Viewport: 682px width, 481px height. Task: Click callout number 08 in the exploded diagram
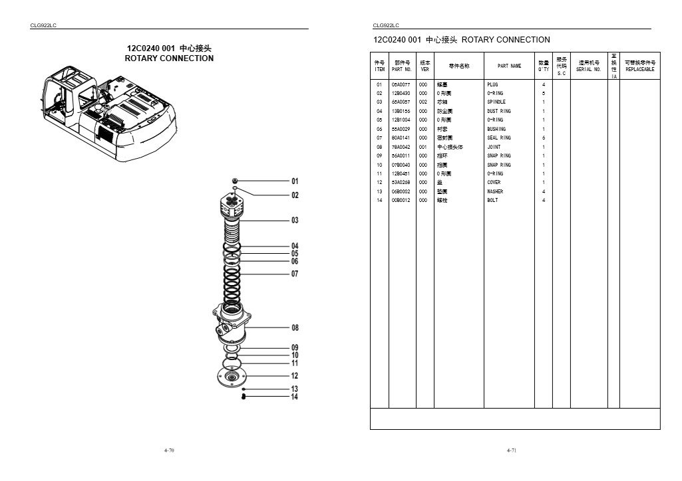point(295,328)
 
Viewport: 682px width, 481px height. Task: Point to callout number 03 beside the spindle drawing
point(295,221)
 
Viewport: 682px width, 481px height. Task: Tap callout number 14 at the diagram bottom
point(295,397)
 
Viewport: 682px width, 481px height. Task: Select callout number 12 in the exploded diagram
point(295,376)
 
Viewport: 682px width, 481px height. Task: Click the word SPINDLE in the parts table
point(496,102)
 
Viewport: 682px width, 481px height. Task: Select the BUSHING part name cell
point(496,129)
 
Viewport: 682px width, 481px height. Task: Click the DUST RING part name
point(499,111)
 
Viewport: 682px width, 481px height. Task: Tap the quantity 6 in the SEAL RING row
point(544,138)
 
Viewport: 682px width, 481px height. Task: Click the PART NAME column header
point(510,66)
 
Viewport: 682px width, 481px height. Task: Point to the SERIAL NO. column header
point(589,66)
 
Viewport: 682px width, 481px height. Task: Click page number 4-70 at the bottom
point(169,450)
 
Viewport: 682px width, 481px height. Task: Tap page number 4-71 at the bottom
point(512,450)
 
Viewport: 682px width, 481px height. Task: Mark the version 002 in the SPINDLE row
point(423,102)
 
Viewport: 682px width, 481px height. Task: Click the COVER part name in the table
point(494,182)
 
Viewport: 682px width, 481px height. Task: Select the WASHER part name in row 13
point(495,191)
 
